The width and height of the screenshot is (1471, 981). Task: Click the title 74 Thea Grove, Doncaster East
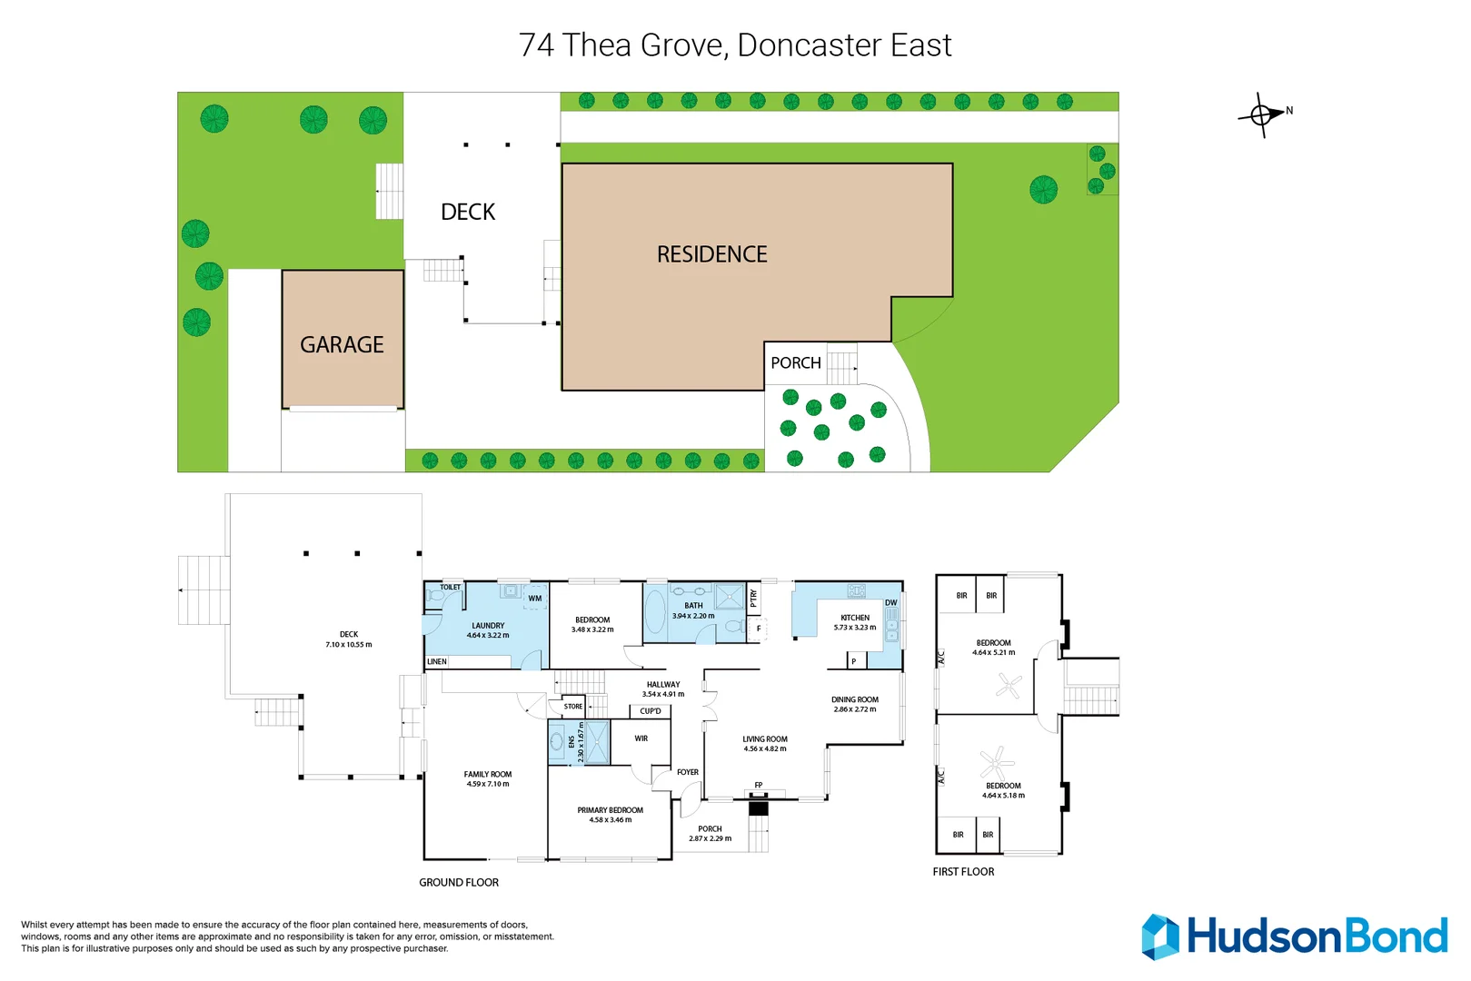click(735, 45)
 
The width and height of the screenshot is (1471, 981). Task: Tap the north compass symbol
click(1263, 114)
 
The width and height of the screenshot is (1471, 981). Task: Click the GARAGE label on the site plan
click(342, 345)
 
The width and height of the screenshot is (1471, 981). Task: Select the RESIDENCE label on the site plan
click(711, 254)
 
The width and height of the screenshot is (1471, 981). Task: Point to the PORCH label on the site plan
click(795, 363)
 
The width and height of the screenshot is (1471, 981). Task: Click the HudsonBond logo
click(1294, 936)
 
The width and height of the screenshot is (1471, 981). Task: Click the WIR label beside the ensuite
click(641, 738)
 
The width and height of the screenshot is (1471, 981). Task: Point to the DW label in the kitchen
click(890, 603)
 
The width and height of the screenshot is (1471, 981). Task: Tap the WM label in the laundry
click(535, 599)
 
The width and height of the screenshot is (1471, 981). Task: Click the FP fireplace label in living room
click(759, 785)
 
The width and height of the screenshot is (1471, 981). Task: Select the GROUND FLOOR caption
click(459, 882)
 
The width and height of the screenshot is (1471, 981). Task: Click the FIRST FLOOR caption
click(963, 871)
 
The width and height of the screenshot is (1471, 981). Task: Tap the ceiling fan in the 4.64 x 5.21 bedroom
click(1009, 685)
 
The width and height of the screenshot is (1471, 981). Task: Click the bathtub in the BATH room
click(655, 613)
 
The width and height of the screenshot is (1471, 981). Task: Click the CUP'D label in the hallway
click(651, 711)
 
